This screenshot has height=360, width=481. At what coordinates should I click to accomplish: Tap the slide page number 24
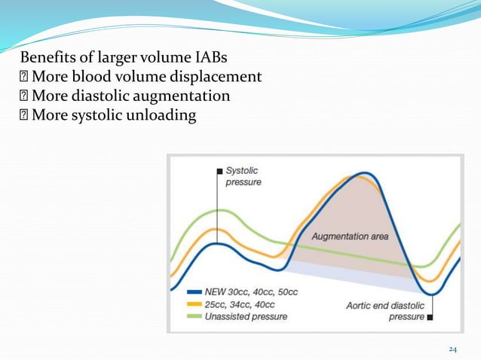click(453, 349)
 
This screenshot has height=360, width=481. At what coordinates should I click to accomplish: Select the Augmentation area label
click(351, 236)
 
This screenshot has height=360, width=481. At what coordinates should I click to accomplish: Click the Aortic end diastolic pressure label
click(384, 311)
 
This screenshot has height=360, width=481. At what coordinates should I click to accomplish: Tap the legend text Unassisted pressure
click(246, 316)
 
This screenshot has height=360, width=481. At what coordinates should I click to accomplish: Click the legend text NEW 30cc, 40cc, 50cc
click(251, 292)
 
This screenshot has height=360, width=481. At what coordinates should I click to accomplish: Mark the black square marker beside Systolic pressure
click(219, 171)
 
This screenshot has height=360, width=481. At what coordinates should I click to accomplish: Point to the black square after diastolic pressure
click(430, 317)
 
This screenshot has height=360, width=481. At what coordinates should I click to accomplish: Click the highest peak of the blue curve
click(365, 174)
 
